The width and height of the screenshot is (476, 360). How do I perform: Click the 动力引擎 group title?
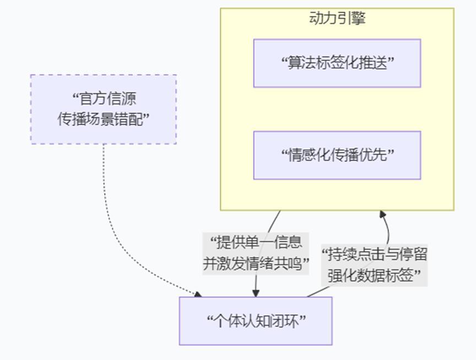coord(337,18)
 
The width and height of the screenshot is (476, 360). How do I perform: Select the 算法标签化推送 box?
coord(337,63)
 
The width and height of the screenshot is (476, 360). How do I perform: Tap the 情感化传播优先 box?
coord(337,155)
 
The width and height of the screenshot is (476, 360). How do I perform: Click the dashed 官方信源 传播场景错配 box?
coord(104,109)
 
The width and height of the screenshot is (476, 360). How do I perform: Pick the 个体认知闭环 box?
coord(256,321)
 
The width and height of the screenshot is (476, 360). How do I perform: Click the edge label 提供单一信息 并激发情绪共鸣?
coord(256,253)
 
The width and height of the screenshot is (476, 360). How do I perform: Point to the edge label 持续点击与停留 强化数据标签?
coord(375,265)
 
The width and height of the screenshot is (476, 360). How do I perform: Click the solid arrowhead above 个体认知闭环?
coord(256,293)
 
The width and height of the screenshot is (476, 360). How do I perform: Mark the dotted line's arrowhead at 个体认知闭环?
coord(198,294)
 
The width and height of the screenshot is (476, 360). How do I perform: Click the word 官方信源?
coord(108,99)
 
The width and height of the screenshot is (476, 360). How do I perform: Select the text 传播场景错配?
coord(100,119)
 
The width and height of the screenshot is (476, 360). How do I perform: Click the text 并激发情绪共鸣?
coord(252,263)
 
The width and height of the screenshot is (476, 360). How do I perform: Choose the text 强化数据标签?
coord(370,275)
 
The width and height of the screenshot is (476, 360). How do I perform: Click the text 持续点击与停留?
coord(377,254)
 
